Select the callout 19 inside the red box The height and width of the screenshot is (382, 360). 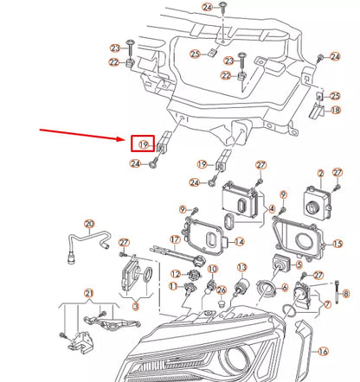(143, 143)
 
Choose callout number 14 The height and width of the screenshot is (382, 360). (240, 242)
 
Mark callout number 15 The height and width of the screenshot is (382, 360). (338, 245)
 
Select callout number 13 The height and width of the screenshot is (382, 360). (242, 268)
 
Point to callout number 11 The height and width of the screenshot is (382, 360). (174, 286)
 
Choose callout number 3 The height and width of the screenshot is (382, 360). (135, 306)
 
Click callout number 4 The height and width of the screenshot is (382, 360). (272, 209)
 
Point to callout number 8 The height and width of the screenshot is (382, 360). (346, 295)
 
